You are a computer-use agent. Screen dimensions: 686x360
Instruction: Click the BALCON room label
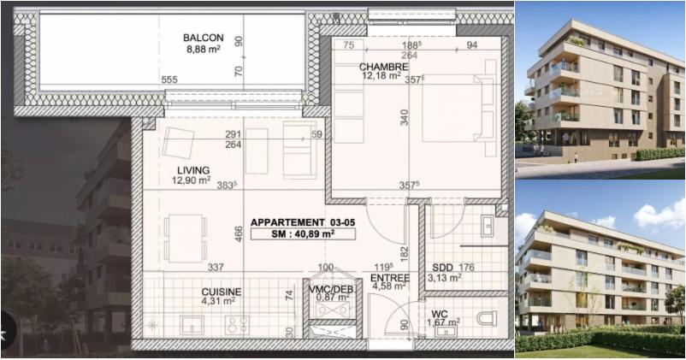tap(204, 38)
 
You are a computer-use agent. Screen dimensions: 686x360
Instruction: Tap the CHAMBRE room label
tap(384, 67)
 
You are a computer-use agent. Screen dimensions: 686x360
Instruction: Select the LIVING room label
tap(193, 170)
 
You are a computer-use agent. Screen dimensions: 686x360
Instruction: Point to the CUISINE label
tap(222, 292)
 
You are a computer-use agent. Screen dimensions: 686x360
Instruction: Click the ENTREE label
tap(390, 278)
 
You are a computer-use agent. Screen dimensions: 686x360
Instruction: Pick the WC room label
tap(440, 315)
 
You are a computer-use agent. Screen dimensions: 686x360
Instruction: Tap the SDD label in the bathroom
tap(441, 268)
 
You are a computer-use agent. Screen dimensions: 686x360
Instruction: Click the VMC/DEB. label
tap(331, 290)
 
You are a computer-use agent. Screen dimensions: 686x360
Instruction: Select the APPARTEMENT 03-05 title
tap(303, 222)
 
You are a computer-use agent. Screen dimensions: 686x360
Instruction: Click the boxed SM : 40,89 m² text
tap(303, 234)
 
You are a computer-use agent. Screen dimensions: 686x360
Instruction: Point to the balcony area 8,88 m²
tap(204, 49)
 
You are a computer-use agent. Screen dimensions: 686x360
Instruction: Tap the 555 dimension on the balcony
tap(169, 80)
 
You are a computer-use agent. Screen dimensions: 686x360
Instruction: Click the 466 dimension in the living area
tap(239, 234)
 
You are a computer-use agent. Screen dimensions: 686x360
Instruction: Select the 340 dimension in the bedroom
tap(405, 117)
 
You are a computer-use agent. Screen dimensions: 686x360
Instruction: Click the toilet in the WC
tap(487, 318)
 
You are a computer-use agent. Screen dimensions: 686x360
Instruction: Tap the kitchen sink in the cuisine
tap(192, 325)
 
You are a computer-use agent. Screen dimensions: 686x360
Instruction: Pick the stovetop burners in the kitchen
tap(237, 325)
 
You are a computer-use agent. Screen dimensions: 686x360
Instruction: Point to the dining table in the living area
tap(186, 239)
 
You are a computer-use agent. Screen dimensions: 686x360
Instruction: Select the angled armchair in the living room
tap(178, 143)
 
